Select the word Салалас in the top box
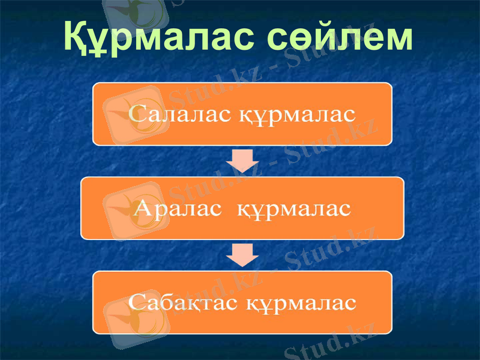click(181, 114)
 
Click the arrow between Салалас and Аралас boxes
click(242, 160)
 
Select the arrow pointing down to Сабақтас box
click(242, 254)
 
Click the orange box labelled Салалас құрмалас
click(242, 96)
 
